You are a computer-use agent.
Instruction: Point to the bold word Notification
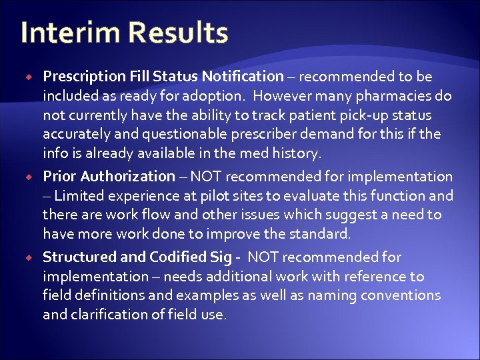pos(244,77)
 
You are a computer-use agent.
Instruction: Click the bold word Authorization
pos(131,177)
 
